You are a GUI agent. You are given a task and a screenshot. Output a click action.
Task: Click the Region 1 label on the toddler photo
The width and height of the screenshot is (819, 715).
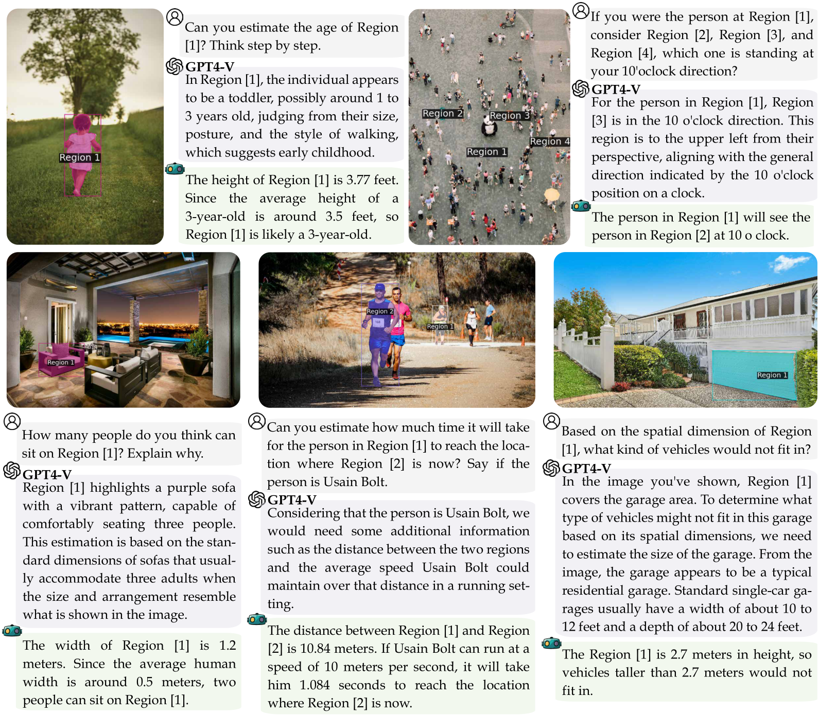click(x=80, y=157)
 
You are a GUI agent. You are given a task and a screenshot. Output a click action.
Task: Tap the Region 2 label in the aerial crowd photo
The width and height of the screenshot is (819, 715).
click(x=442, y=113)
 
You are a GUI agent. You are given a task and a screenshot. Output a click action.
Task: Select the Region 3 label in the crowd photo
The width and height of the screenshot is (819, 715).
click(x=510, y=115)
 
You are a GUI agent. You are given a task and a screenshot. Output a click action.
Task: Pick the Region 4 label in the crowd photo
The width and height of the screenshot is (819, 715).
click(x=550, y=141)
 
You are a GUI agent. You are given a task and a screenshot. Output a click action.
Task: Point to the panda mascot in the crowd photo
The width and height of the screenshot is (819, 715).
click(x=489, y=127)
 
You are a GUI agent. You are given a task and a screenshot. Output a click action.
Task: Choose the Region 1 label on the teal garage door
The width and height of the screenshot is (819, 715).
click(x=772, y=375)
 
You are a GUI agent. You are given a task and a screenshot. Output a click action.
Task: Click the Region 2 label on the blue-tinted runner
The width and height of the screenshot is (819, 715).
click(x=380, y=311)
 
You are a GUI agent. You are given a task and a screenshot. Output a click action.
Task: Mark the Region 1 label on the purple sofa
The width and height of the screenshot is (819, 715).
click(x=61, y=362)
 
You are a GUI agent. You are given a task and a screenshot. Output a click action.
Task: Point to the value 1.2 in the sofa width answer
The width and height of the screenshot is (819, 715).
click(x=227, y=646)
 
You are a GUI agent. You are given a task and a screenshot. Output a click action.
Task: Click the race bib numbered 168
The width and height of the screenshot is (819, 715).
click(x=378, y=322)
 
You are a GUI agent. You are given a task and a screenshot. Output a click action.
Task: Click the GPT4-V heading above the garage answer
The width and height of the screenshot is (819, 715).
click(x=586, y=469)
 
